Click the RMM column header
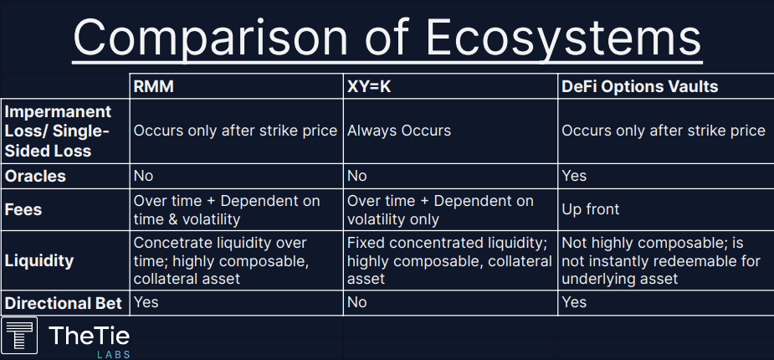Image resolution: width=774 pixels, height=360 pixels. [x=153, y=87]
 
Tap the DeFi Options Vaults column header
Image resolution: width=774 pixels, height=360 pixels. [x=640, y=87]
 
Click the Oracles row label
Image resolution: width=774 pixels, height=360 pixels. [x=35, y=177]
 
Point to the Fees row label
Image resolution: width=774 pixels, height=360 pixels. [x=23, y=209]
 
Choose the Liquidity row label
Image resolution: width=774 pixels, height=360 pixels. [x=39, y=260]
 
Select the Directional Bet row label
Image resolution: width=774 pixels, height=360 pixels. [x=64, y=303]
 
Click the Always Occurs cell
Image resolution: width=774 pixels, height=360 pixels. [x=399, y=131]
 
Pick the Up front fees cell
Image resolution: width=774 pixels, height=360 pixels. [x=591, y=209]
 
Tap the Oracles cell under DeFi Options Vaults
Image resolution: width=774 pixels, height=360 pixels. [x=574, y=176]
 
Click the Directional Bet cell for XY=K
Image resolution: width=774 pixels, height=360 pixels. [x=357, y=302]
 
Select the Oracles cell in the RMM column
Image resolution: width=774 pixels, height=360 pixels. [x=143, y=176]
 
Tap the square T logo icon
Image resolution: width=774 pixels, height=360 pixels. [x=19, y=336]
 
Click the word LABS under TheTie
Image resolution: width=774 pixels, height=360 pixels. [x=114, y=355]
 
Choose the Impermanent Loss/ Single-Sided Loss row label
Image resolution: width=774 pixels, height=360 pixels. [x=58, y=131]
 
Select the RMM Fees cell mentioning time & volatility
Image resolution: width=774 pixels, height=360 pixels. [x=227, y=209]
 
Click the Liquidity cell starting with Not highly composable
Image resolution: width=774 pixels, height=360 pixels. [x=661, y=260]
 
